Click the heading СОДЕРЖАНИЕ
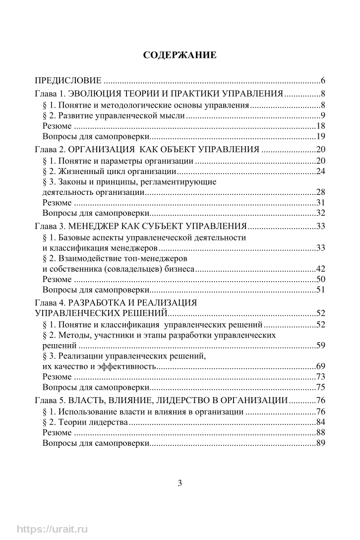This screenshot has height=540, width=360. click(180, 55)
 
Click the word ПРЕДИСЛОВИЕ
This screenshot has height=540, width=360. click(68, 80)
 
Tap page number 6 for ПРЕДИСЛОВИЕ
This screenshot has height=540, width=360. click(322, 80)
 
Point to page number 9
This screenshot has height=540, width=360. click(322, 116)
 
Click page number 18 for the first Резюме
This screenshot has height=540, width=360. click(320, 126)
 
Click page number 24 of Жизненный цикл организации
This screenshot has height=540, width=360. click(320, 172)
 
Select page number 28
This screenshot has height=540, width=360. click(320, 192)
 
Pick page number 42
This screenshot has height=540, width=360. click(320, 269)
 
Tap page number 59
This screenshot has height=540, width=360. click(320, 345)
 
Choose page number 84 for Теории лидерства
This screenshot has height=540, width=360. click(320, 422)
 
